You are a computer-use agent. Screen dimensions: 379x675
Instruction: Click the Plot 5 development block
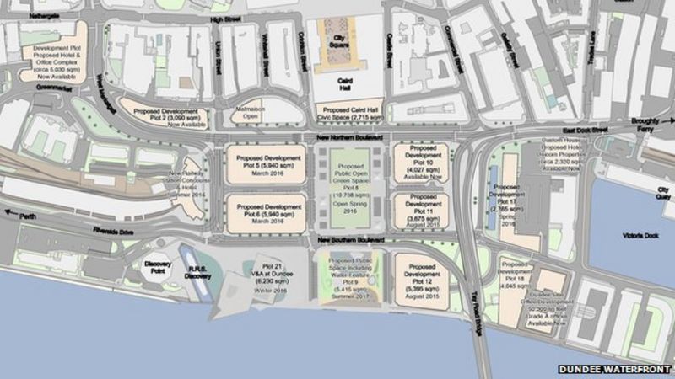266,164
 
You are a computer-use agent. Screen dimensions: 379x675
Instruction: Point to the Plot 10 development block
420,162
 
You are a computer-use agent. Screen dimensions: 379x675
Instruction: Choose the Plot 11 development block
420,211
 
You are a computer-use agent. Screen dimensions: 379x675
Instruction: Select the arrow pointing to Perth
10,213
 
